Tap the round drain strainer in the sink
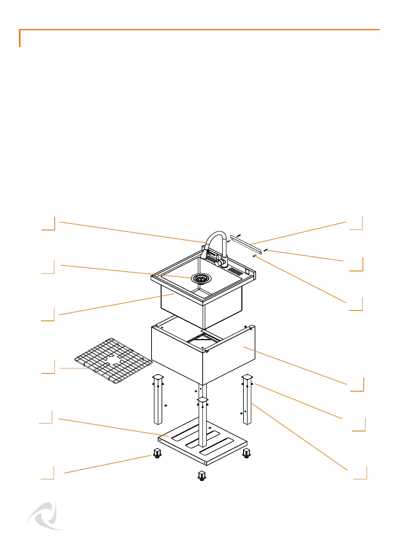tap(201, 278)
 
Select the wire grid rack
tap(114, 361)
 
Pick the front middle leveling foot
tap(202, 476)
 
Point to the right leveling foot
tap(246, 453)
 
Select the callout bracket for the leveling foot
tap(48, 472)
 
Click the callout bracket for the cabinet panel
tap(357, 385)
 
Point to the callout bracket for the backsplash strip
tap(356, 223)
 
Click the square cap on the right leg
tap(248, 377)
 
